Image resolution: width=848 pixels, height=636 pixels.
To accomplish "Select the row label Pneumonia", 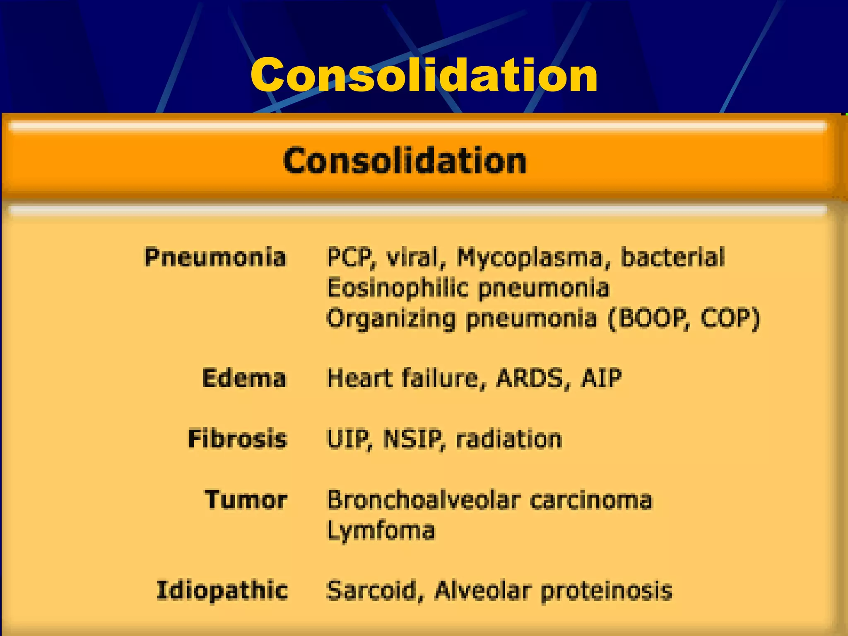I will point(215,257).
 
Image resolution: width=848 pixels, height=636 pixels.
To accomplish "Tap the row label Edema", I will point(244,378).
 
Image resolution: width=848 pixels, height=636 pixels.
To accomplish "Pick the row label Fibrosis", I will point(238,439).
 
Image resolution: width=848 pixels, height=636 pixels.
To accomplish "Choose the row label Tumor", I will point(246,499).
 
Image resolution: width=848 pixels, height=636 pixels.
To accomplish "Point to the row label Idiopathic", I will point(222,590).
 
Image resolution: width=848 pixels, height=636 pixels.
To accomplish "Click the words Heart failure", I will point(404,378).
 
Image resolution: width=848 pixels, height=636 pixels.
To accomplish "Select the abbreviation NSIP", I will point(414,439).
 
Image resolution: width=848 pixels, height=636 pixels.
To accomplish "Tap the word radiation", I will point(509,439).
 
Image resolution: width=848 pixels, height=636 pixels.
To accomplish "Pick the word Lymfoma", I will point(381,531).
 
